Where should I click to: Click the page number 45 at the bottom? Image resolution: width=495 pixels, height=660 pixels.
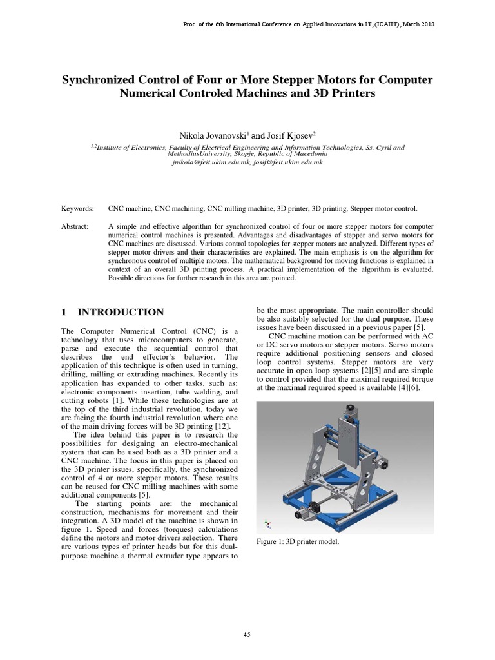tap(247, 634)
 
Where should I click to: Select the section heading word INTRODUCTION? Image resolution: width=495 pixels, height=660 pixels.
tap(121, 312)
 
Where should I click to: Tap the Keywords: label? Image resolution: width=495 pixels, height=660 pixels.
tap(77, 209)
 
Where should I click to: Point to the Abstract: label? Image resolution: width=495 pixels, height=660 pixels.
tap(76, 227)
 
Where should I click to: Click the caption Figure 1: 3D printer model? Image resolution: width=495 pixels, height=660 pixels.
tap(298, 541)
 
